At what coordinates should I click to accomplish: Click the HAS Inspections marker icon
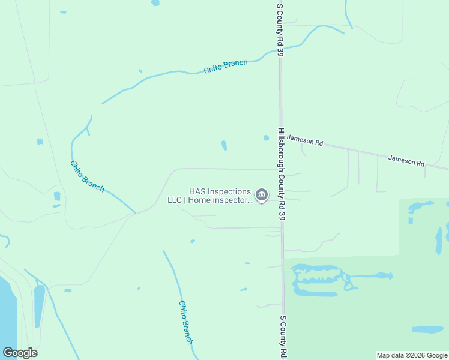click(261, 194)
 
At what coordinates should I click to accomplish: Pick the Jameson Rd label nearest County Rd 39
click(305, 142)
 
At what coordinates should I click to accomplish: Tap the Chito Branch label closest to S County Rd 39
click(226, 67)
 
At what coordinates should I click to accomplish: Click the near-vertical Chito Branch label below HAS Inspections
click(185, 322)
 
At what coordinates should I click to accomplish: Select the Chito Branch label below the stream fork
click(87, 176)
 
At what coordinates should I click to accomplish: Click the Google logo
click(20, 353)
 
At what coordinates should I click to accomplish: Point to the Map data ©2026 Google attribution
click(412, 355)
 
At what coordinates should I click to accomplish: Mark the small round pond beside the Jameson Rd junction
click(266, 138)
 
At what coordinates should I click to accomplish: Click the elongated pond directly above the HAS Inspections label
click(224, 146)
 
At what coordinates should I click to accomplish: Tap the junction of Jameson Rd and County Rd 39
click(280, 137)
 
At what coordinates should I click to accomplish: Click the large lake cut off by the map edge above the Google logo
click(7, 312)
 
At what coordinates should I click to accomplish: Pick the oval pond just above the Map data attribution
click(428, 329)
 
